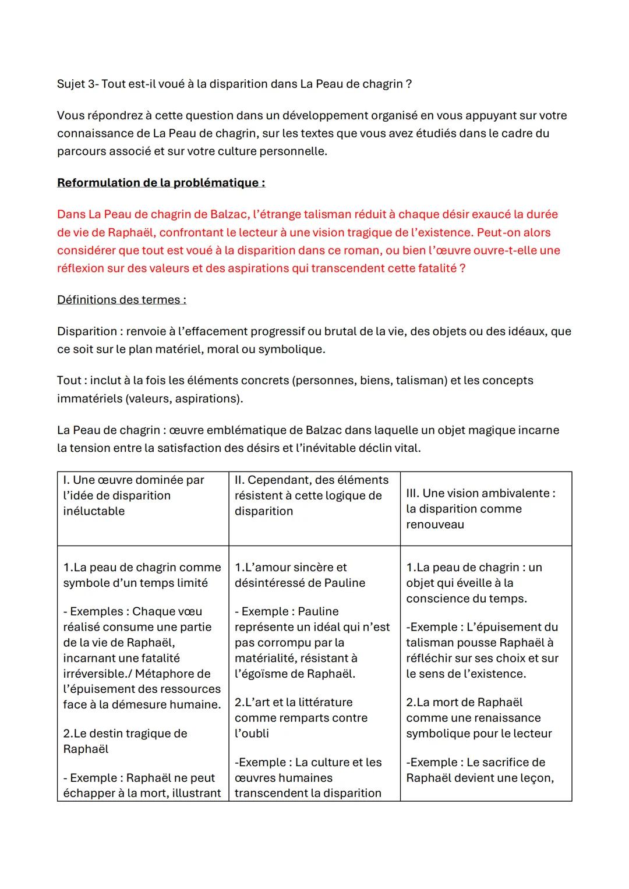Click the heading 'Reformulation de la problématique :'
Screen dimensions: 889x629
(161, 183)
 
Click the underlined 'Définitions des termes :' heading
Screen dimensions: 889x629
(121, 300)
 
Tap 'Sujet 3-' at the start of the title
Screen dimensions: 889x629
(78, 84)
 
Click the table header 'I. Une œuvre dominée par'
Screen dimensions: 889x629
(133, 480)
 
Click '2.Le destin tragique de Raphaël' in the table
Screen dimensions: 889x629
(125, 741)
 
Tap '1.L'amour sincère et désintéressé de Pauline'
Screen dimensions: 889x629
(299, 575)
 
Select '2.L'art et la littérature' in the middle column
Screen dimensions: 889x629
(294, 703)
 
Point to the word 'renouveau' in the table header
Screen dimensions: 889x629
(435, 525)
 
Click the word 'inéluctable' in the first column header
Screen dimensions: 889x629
(93, 511)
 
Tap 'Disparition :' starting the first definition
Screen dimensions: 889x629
(90, 331)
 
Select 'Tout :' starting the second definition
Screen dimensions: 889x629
(72, 381)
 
